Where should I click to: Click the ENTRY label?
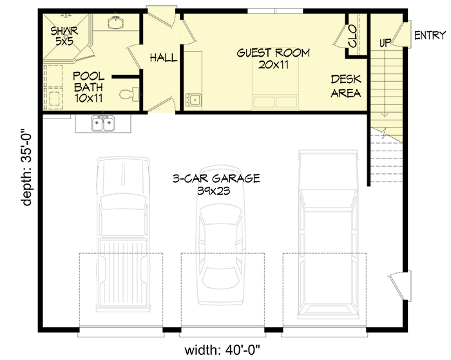click(430, 35)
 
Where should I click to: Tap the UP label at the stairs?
click(386, 43)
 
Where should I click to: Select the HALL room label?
click(164, 58)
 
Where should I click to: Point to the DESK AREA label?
click(345, 86)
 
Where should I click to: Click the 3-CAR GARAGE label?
click(216, 184)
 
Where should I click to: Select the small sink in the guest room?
click(193, 100)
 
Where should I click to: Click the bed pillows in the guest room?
click(275, 102)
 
